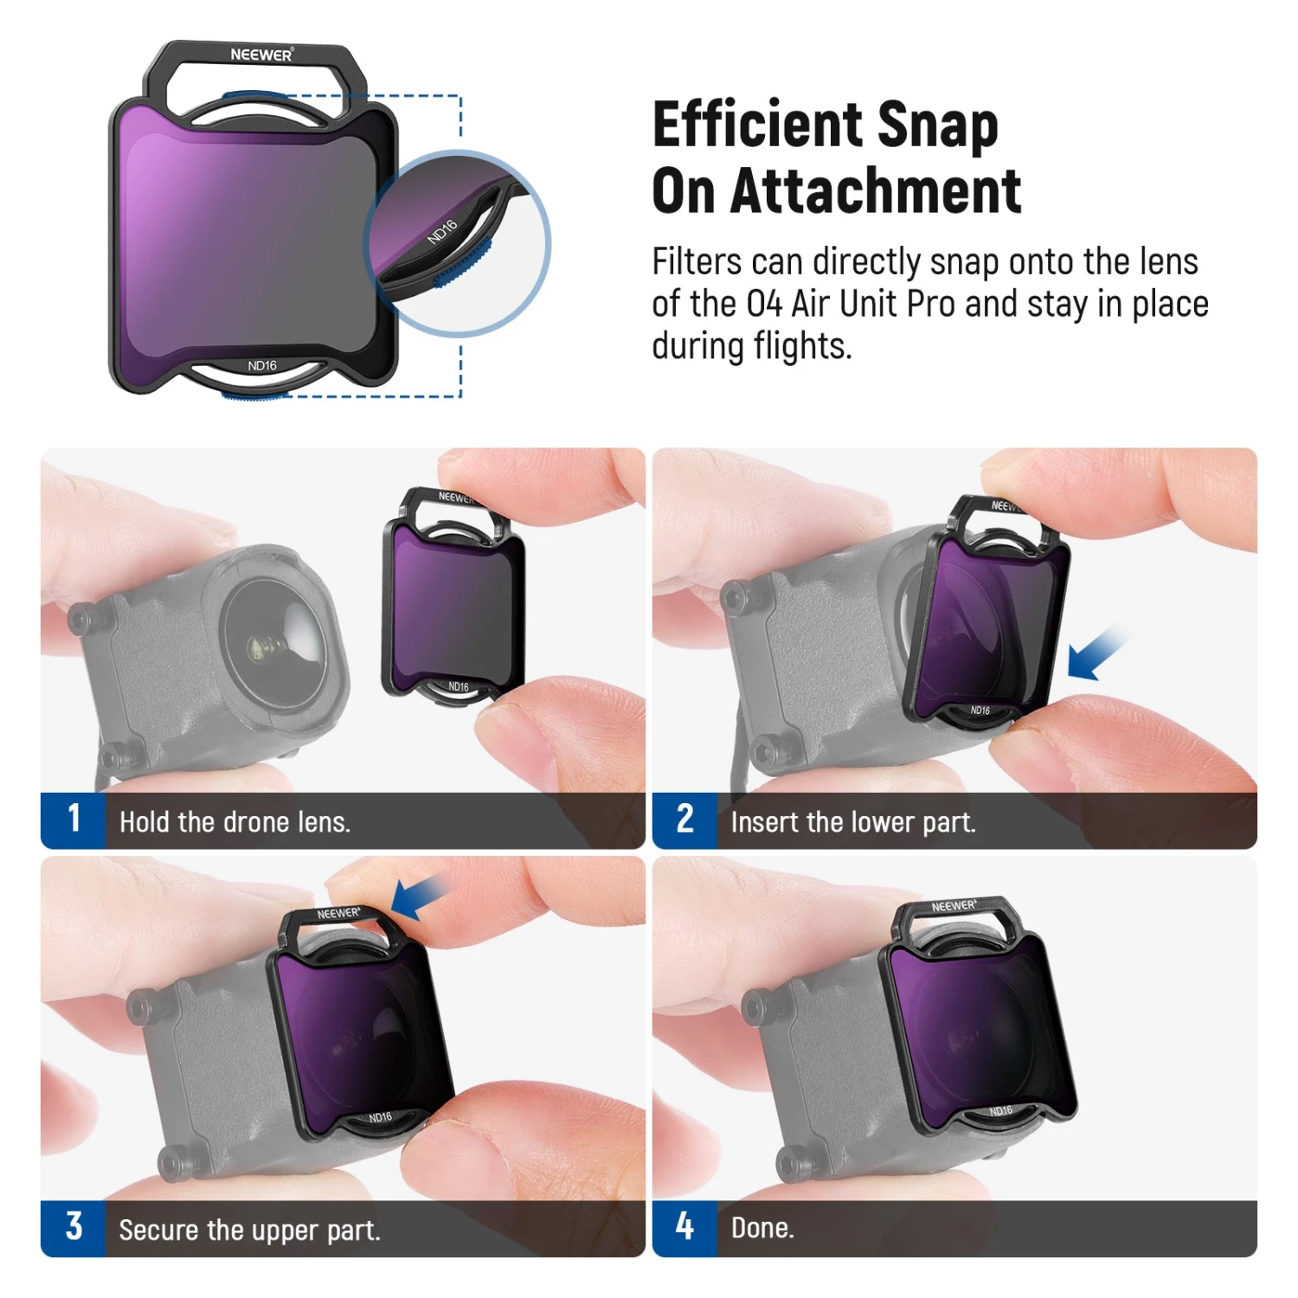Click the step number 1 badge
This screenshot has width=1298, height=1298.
74,819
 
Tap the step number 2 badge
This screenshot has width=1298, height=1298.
684,819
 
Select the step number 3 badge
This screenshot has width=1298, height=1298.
74,1228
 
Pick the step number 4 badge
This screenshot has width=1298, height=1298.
684,1228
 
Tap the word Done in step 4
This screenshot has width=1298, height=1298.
761,1228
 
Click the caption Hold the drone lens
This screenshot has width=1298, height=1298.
235,821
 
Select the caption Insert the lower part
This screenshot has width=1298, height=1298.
853,821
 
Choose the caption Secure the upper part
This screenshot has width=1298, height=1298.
249,1230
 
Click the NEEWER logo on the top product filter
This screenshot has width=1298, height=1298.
262,55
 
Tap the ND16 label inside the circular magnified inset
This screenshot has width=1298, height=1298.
442,231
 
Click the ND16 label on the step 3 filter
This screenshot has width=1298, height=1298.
381,1117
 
